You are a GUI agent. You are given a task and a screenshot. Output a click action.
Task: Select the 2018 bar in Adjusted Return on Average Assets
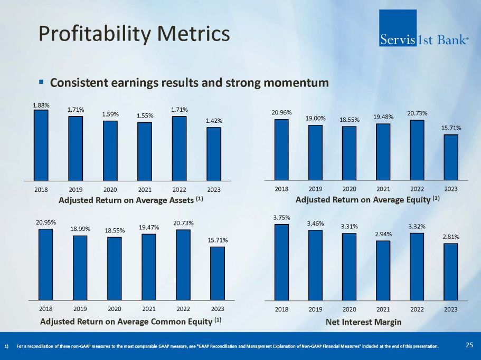(41, 145)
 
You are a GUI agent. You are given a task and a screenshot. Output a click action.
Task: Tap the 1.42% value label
(214, 121)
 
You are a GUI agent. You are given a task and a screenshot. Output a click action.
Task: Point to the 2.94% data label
(383, 234)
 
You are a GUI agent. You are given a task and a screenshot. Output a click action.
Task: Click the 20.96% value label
(281, 112)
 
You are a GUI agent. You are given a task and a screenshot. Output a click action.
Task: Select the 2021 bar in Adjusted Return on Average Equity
(383, 152)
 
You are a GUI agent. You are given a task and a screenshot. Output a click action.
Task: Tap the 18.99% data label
(80, 229)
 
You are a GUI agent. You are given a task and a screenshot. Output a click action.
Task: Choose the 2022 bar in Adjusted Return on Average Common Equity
(183, 264)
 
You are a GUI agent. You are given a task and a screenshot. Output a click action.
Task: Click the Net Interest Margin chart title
(363, 322)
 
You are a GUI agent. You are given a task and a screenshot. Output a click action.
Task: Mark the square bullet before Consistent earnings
(42, 83)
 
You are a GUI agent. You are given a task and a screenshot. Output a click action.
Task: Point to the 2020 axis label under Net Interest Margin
(349, 309)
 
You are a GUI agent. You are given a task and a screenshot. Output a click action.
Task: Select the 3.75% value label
(281, 217)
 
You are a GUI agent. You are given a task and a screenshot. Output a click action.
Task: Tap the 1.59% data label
(110, 114)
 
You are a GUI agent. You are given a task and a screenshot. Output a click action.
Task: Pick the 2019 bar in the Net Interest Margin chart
(315, 265)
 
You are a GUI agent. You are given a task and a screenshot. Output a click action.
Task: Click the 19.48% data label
(383, 116)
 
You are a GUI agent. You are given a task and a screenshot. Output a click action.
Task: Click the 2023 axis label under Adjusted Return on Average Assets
(214, 190)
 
